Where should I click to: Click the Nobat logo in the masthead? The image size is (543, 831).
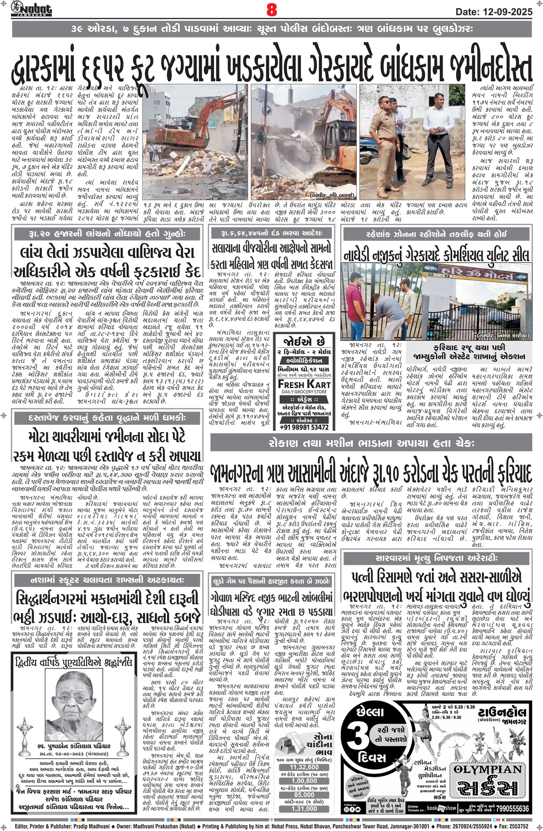pyautogui.click(x=32, y=8)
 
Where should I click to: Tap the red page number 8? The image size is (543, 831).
pyautogui.click(x=271, y=10)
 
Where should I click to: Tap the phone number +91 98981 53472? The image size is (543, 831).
pyautogui.click(x=304, y=427)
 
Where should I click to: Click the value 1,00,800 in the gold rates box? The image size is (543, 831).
pyautogui.click(x=304, y=780)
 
